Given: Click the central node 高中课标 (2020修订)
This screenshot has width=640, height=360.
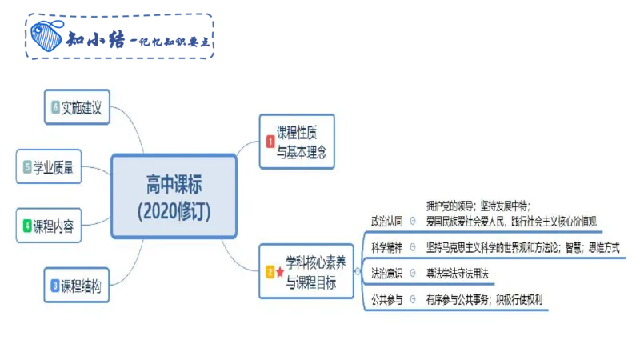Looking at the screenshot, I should [174, 197].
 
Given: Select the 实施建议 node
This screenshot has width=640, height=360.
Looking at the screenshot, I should [88, 107].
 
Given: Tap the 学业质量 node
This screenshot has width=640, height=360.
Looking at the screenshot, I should [60, 167].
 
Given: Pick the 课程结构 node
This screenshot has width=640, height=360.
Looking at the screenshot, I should [88, 286].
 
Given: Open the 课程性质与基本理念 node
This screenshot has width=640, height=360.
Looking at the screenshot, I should [297, 141].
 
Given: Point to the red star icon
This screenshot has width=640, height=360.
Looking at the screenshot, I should [280, 272].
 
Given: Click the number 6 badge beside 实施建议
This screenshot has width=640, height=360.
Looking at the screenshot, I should [55, 107].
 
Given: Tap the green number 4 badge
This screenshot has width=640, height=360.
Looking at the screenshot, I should [27, 226].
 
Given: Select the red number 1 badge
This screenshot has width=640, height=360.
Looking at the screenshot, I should [270, 142].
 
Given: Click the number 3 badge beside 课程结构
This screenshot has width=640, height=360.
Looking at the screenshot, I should [54, 286].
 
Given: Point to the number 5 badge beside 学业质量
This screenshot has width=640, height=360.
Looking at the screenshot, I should [27, 167].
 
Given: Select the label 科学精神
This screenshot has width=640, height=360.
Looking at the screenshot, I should [386, 246].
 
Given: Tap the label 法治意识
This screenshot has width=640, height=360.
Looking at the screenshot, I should [386, 273].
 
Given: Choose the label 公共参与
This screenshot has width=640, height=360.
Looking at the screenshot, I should [386, 300].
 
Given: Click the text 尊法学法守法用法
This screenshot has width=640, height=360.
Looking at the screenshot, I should [457, 273].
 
